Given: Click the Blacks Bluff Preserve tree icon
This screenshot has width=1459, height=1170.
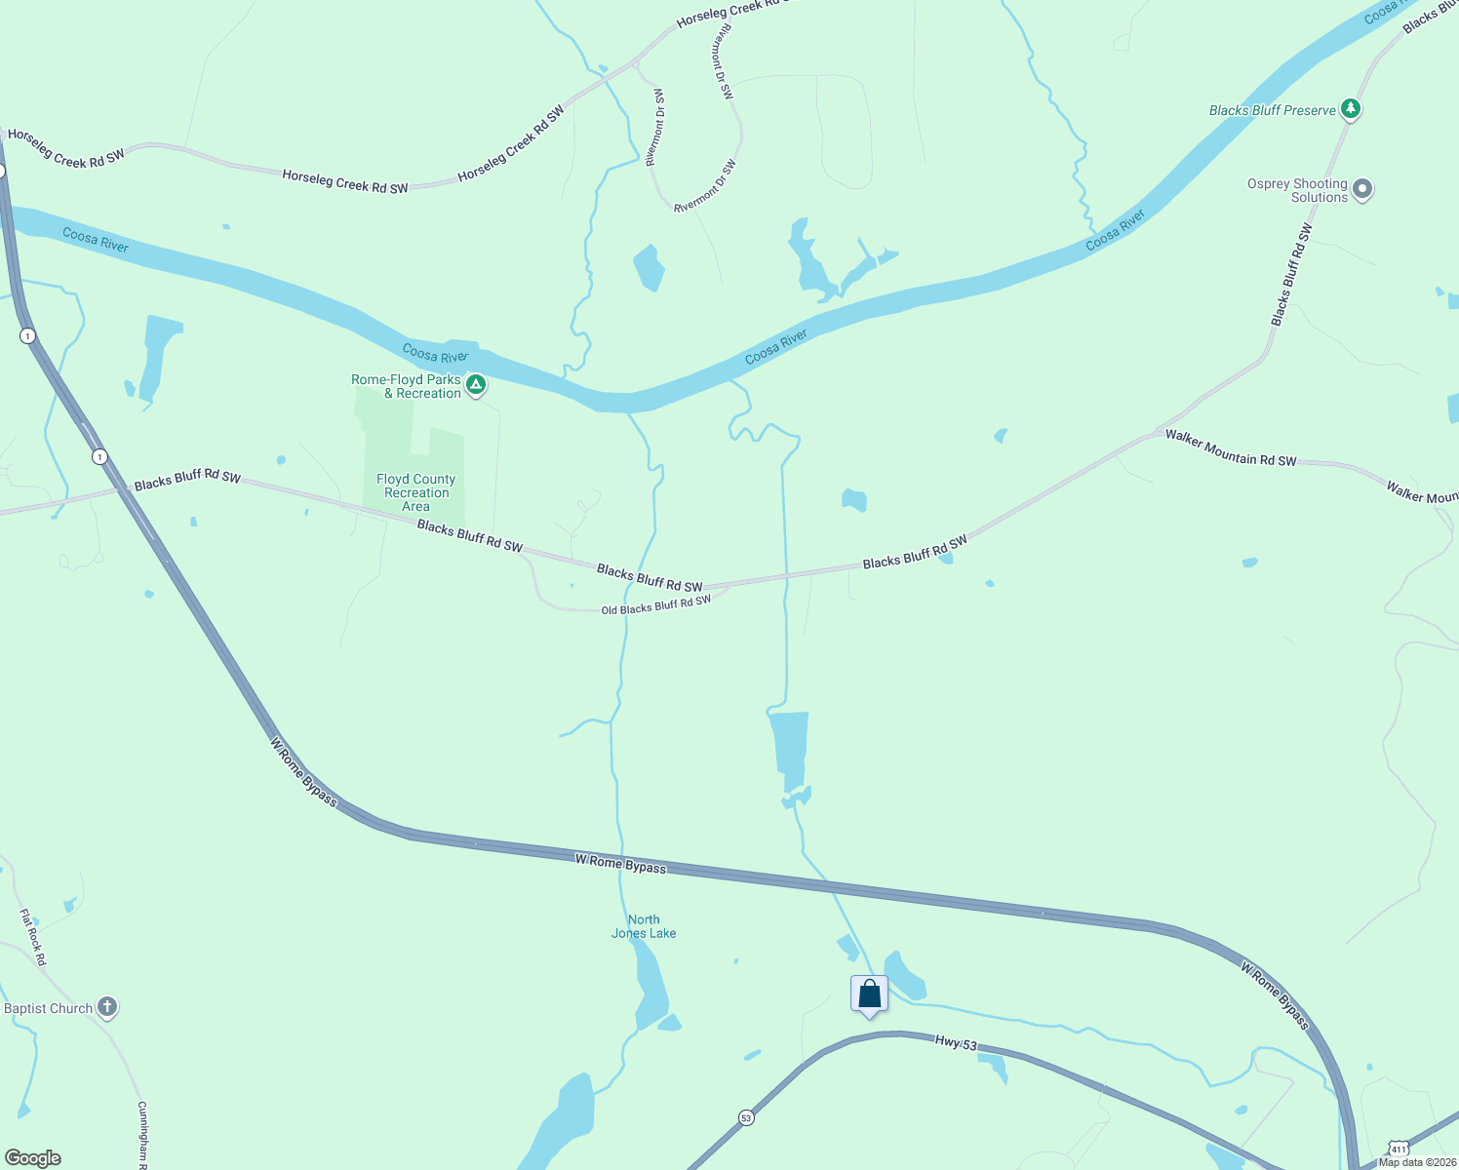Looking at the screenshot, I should click(1350, 108).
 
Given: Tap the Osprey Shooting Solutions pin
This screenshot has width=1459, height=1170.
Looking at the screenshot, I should click(1362, 189).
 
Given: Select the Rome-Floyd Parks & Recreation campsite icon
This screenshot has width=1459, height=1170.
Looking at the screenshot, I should click(475, 385).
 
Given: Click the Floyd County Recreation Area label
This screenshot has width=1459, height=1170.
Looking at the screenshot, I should click(416, 492).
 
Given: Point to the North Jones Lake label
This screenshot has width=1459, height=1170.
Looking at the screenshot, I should click(644, 926).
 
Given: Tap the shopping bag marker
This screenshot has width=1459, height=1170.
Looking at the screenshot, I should click(869, 994).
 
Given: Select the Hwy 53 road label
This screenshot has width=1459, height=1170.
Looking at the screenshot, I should click(956, 1043).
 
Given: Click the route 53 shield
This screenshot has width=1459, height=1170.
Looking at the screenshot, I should click(746, 1117).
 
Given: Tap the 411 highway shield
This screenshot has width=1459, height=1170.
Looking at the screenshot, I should click(1398, 1149).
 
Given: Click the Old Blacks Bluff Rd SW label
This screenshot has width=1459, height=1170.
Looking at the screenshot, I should click(655, 605).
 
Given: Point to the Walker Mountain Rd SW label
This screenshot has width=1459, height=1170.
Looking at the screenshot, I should click(1231, 448).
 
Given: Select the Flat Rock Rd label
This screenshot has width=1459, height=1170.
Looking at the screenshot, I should click(32, 937).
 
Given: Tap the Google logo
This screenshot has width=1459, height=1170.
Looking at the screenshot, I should click(33, 1157).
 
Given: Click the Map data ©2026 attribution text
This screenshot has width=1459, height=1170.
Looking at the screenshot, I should click(1416, 1162).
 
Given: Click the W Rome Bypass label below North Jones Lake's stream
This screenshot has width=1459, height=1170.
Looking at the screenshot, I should click(620, 863).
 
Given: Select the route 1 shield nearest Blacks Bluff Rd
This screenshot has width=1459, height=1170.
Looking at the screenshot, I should click(99, 456).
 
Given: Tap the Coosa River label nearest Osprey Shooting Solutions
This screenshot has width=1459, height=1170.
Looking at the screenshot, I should click(1115, 230).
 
